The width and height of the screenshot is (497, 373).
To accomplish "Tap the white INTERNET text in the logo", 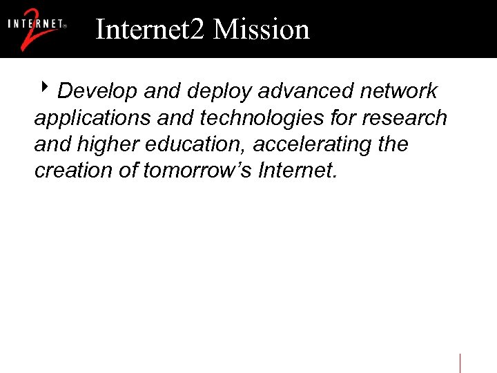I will tap(37, 23).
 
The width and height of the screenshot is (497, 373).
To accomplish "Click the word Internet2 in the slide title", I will tap(150, 30).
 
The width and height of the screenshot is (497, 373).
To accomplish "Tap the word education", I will tap(193, 145).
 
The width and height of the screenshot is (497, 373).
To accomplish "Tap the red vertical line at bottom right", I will tap(460, 363).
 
